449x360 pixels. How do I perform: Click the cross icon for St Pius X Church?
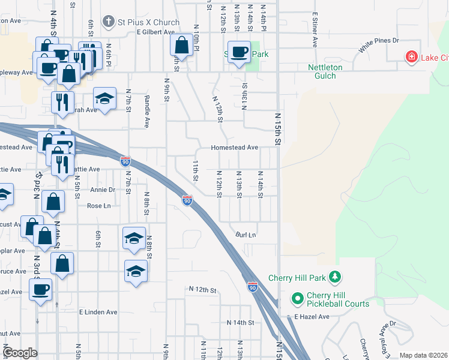pos(109,22)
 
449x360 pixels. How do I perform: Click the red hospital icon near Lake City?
pos(412,58)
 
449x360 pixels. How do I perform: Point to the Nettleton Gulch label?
pos(325,72)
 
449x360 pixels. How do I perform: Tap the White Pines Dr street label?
pos(379,46)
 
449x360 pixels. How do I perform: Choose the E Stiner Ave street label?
pos(315,31)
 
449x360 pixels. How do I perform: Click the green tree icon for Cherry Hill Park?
pos(336,278)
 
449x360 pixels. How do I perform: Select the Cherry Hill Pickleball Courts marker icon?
pos(297,298)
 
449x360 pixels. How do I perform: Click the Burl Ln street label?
pos(246,235)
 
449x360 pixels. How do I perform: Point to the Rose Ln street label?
pos(99,206)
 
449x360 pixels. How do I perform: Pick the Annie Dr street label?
pos(102,190)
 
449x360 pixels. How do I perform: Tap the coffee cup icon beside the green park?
pos(239,52)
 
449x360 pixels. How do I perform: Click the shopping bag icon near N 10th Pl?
pos(181,45)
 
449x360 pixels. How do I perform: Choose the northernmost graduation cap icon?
pos(104,98)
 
